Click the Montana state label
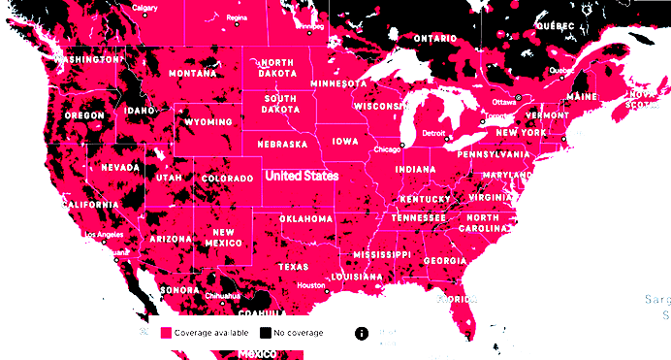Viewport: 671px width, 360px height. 192,74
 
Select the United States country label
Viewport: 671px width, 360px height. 302,177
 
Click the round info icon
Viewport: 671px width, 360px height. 362,333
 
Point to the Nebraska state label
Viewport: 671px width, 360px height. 282,145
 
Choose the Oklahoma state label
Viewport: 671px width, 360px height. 306,219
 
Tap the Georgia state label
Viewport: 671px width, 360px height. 445,260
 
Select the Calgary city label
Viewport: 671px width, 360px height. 144,8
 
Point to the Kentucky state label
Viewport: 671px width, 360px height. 426,200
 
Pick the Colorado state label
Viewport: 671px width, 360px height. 228,180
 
